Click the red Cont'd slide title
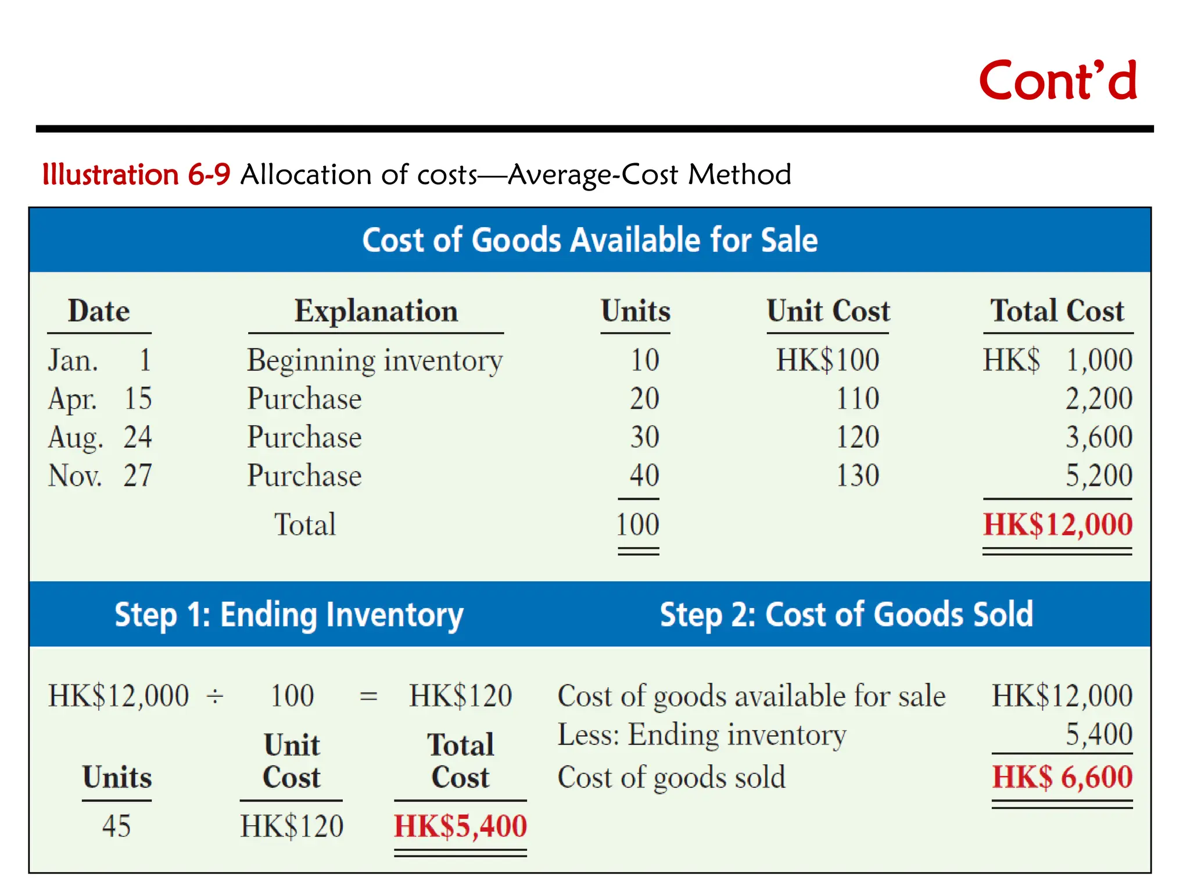pos(1058,81)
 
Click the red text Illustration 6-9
pos(137,175)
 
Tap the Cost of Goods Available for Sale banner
pos(590,240)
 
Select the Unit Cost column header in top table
pos(828,311)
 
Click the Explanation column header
pos(376,311)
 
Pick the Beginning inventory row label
pos(375,361)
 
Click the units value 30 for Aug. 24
pos(644,437)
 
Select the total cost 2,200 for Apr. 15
pos(1098,399)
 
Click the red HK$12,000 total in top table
pos(1058,524)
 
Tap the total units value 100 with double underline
pos(637,524)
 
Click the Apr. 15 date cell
pos(100,399)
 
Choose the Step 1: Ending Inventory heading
pos(289,615)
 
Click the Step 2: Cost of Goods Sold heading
pos(847,615)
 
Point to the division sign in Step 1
pos(215,696)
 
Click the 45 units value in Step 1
pos(116,826)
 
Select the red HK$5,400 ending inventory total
pos(460,826)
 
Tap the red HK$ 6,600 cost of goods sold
pos(1062,777)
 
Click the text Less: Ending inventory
pos(702,735)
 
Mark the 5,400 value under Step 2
pos(1098,735)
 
